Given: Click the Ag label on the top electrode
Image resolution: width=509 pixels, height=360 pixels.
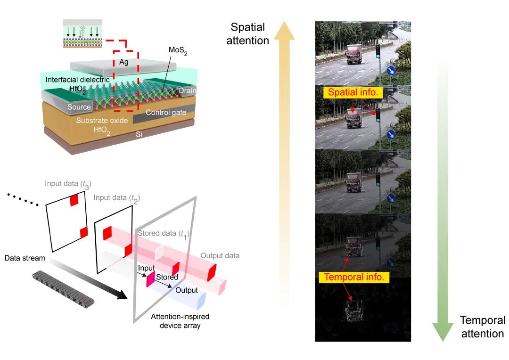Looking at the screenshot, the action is tap(123, 62).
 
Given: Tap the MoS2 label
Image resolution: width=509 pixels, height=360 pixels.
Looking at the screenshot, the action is tap(178, 51).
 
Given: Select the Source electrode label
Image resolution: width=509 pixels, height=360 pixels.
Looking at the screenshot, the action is tap(79, 107).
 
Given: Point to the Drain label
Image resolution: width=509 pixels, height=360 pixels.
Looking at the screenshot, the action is tap(187, 91).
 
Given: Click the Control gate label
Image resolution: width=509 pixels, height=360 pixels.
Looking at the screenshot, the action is tap(166, 113).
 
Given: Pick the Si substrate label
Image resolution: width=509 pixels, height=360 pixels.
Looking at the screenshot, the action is tap(139, 134).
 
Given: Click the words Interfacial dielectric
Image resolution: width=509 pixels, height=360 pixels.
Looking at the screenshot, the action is tap(78, 80).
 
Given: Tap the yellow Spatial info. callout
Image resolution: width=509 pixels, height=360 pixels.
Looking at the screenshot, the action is tap(353, 92).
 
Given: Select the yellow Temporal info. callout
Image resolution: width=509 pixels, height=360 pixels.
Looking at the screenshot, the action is tap(354, 277).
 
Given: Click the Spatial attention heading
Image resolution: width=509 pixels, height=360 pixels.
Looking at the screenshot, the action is tap(248, 34).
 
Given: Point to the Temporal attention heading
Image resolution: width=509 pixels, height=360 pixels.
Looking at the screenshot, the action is tap(483, 327).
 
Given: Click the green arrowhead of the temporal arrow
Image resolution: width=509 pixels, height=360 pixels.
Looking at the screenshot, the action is tap(443, 331).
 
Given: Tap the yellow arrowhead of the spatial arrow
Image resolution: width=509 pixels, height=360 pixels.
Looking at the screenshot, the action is tap(284, 30).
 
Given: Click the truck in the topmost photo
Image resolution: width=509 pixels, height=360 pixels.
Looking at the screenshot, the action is tap(354, 54).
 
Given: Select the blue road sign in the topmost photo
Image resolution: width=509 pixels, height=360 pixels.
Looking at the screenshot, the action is tap(391, 70).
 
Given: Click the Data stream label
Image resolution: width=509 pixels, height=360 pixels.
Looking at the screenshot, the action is tap(25, 258).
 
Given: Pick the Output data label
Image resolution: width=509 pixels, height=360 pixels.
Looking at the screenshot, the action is tap(220, 256).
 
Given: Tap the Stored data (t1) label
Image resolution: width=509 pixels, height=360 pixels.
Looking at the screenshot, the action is tap(164, 234).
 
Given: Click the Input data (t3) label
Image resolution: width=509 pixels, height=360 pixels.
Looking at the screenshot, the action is tap(68, 184).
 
